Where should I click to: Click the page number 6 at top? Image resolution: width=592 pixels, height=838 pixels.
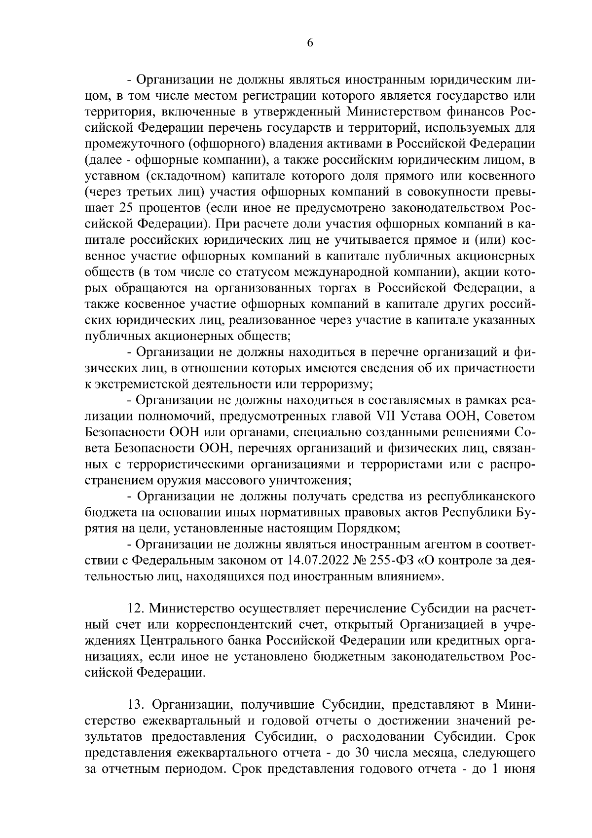310,43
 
